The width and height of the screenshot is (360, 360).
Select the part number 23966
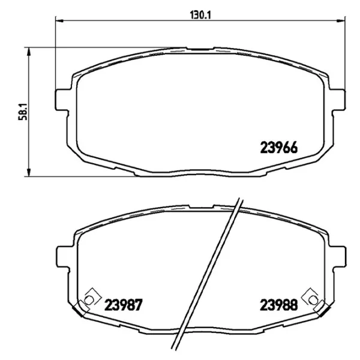280,146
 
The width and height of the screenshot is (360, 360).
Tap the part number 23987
123,305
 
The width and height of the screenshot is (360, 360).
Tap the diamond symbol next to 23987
91,297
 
